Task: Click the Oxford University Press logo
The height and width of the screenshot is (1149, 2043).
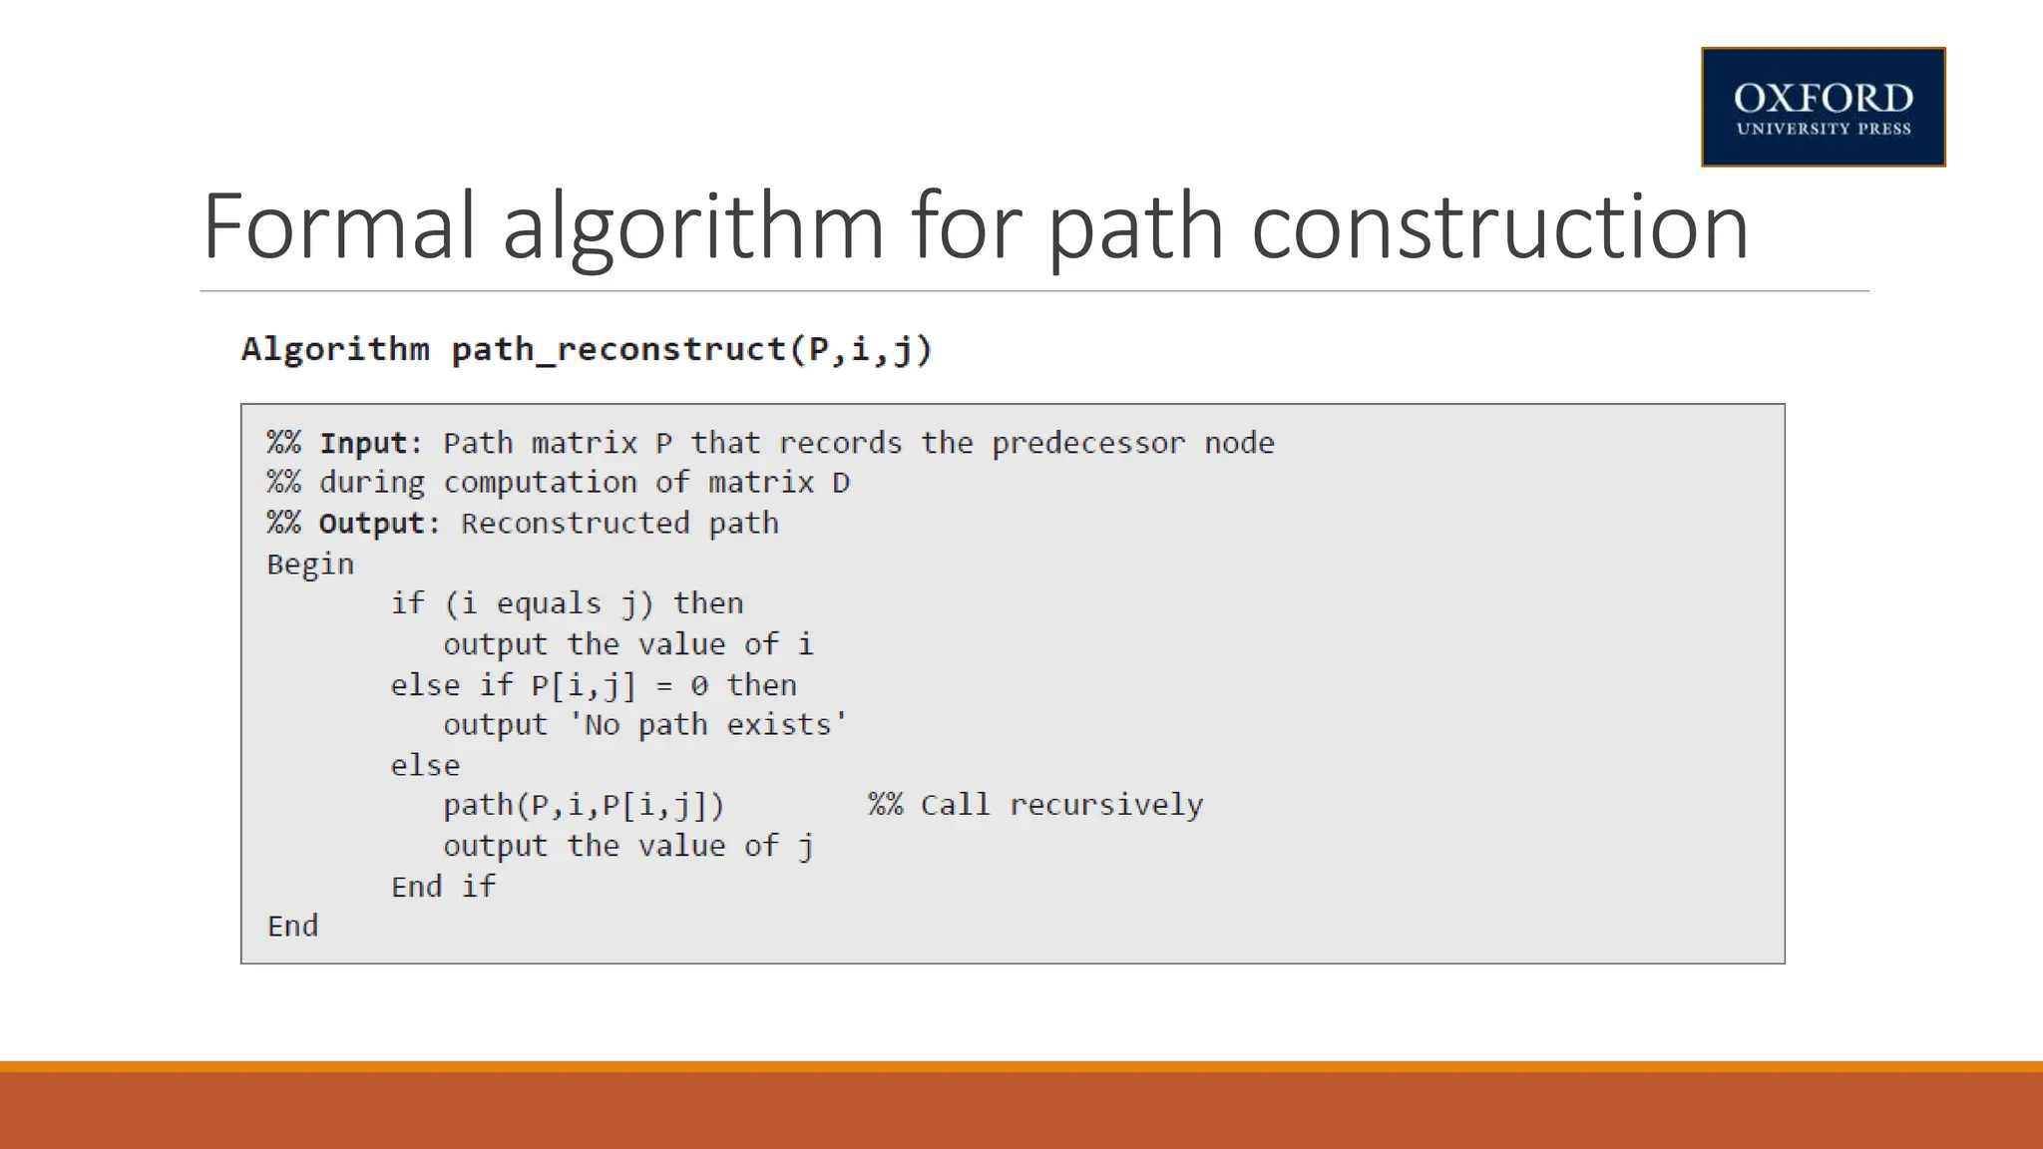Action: [1823, 107]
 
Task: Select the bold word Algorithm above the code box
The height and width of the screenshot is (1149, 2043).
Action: [335, 350]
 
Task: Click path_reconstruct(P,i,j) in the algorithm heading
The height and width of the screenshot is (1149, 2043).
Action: [691, 350]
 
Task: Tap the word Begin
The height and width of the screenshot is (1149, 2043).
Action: [310, 565]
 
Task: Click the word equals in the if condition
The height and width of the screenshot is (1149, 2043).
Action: [549, 603]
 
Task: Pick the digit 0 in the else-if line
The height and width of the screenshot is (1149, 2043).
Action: [699, 685]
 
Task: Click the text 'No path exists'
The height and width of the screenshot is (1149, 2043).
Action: [707, 725]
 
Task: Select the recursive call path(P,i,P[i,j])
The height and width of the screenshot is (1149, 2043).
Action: [584, 805]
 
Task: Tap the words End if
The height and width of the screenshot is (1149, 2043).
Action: [443, 887]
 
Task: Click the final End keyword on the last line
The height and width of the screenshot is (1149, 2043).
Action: [292, 927]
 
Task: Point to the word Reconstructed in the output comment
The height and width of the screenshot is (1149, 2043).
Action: [575, 524]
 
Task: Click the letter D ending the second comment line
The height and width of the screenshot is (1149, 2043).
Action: [841, 483]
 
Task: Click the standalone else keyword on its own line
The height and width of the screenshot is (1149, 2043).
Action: [425, 766]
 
